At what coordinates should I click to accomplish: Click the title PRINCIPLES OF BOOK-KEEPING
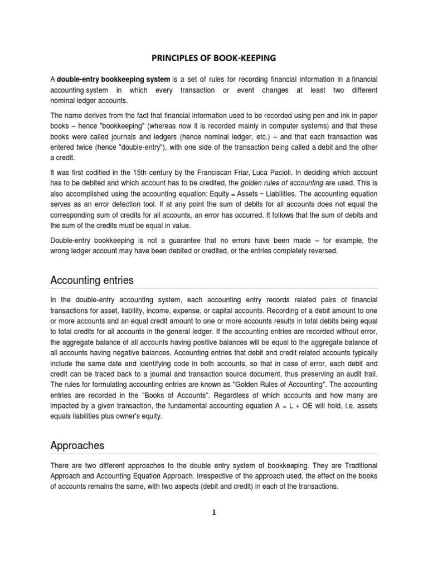214,58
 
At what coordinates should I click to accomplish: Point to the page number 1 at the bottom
214,513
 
